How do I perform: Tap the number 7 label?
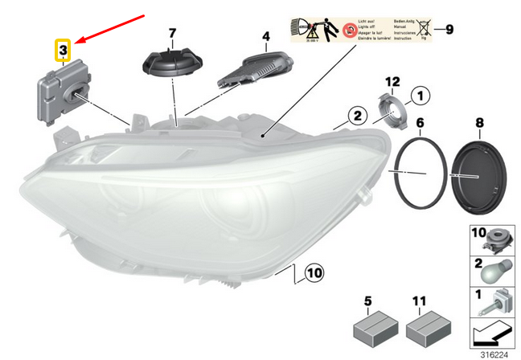point(171,34)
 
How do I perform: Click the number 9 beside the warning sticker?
point(449,30)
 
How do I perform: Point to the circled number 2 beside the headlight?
point(355,117)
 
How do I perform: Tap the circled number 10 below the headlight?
point(314,274)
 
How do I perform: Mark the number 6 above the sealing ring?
point(419,122)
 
